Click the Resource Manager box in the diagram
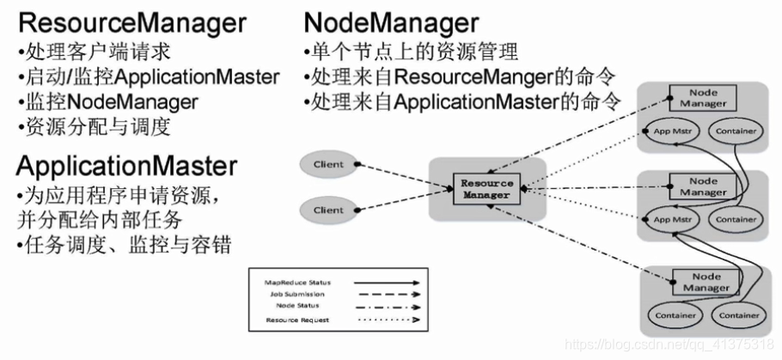[x=486, y=188]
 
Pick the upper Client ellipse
[x=327, y=164]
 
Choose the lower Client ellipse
[x=327, y=209]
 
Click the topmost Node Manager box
[x=703, y=98]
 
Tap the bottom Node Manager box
[x=703, y=282]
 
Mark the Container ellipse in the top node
[x=736, y=131]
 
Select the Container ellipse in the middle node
[x=736, y=220]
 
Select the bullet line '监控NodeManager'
[x=107, y=102]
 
